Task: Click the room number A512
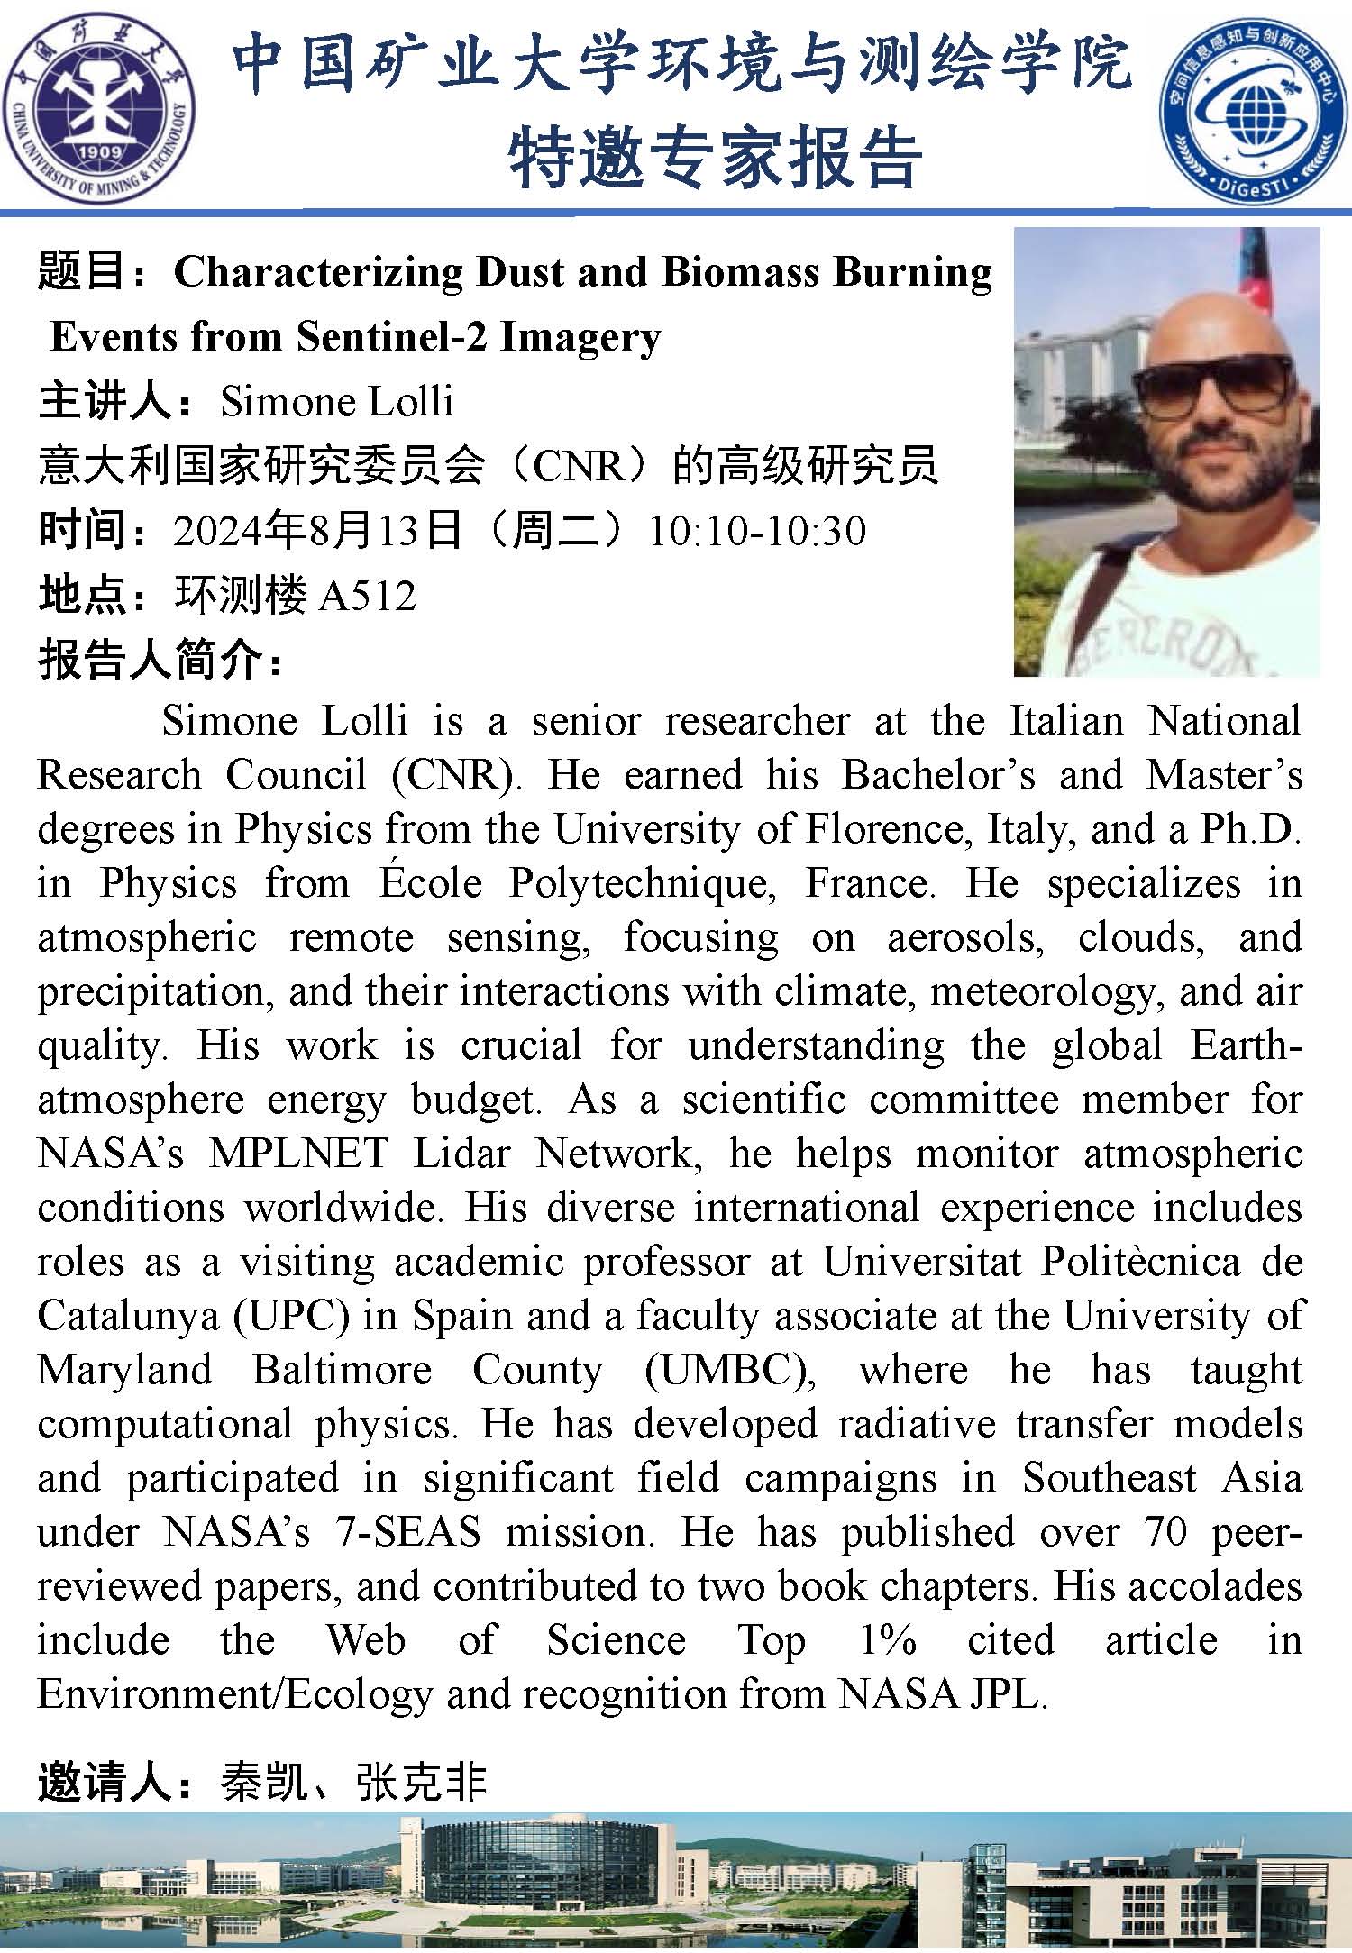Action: (368, 596)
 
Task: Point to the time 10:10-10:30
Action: (757, 531)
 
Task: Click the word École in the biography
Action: (431, 883)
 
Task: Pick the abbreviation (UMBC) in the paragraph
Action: (730, 1370)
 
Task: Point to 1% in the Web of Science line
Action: (888, 1640)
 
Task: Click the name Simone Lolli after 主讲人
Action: (337, 401)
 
